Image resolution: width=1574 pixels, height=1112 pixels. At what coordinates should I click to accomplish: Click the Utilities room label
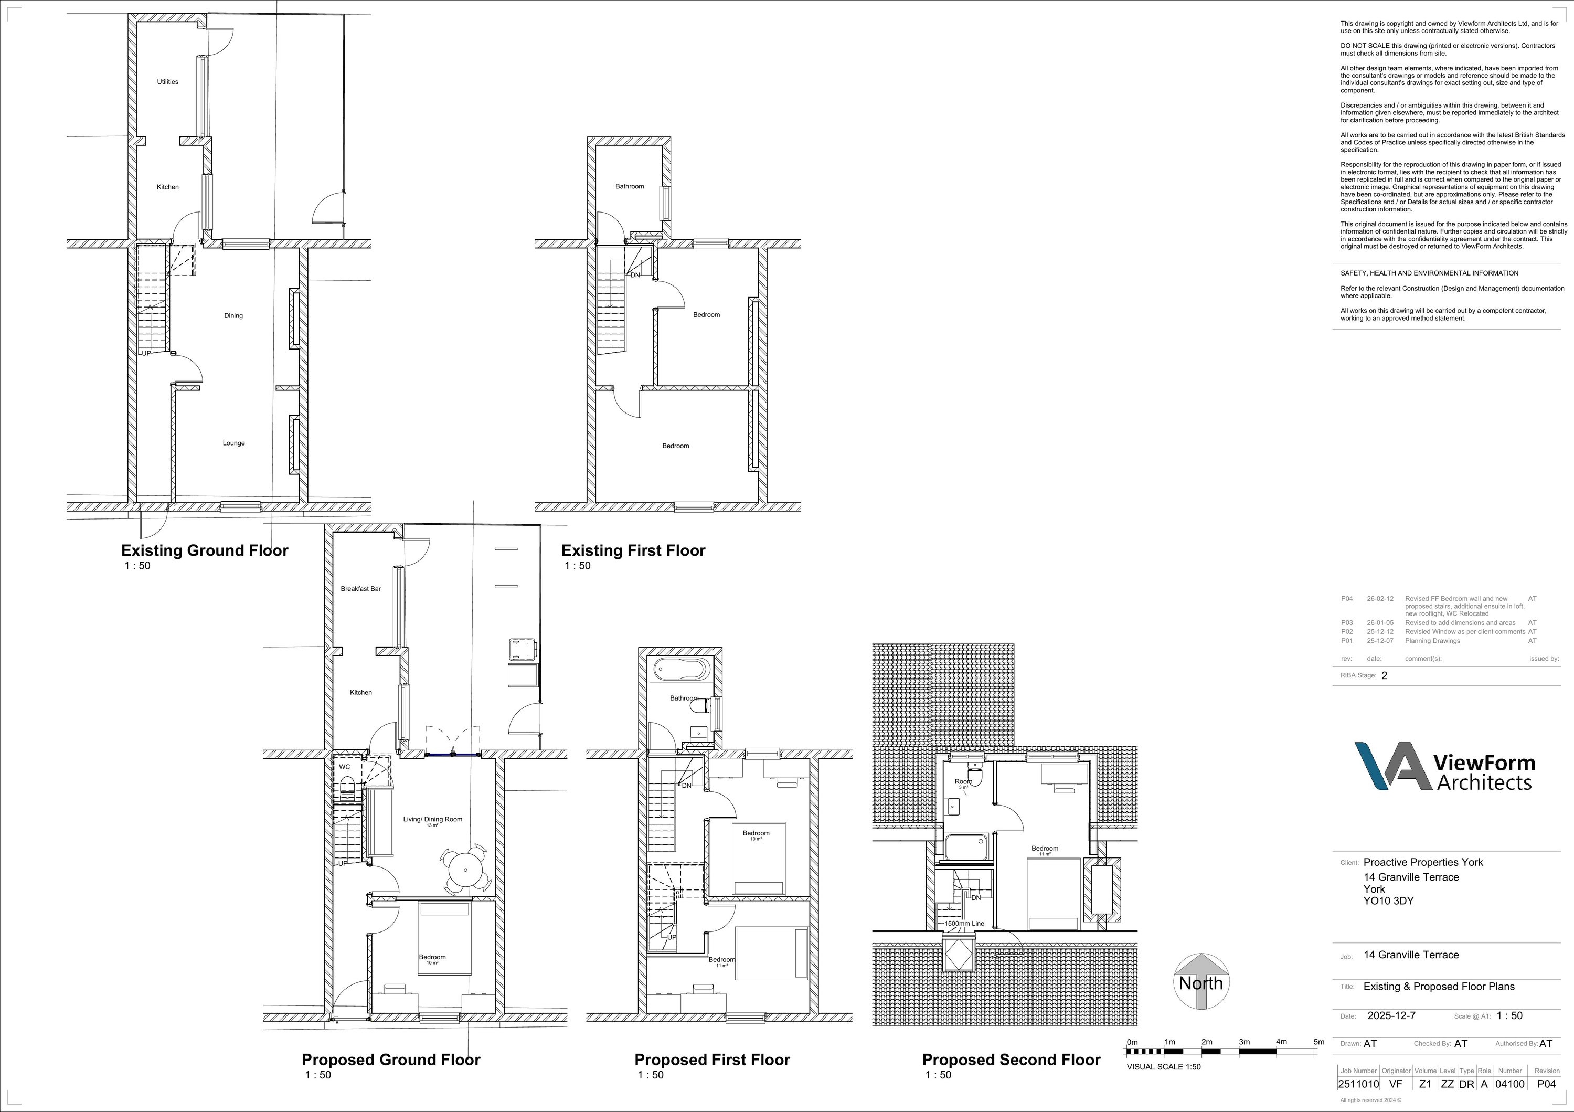click(167, 81)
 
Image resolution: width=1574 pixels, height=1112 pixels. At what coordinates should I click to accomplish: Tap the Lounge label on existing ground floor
click(234, 443)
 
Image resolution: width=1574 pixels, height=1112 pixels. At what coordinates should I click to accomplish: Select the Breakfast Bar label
click(360, 589)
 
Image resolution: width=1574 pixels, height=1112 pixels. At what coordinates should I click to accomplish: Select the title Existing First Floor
click(633, 550)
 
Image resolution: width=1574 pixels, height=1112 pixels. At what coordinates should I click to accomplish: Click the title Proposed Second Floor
click(1011, 1060)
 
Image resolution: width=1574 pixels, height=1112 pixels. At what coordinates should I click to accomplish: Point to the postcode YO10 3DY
click(1388, 901)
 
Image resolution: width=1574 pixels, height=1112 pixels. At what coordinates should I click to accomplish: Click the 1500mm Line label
click(964, 924)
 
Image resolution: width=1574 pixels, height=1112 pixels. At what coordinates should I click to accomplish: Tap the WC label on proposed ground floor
click(344, 767)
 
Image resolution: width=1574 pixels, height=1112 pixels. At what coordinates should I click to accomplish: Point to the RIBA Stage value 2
click(1384, 675)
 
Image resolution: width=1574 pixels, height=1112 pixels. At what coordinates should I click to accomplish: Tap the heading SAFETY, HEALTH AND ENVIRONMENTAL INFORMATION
click(1429, 273)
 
